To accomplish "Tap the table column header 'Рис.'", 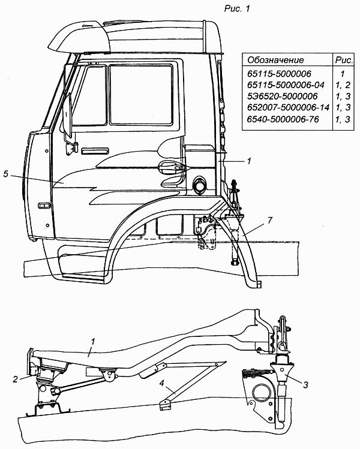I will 344,60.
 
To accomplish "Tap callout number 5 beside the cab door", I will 5,174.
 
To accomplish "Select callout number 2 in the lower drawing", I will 15,378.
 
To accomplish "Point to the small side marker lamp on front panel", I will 44,206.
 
